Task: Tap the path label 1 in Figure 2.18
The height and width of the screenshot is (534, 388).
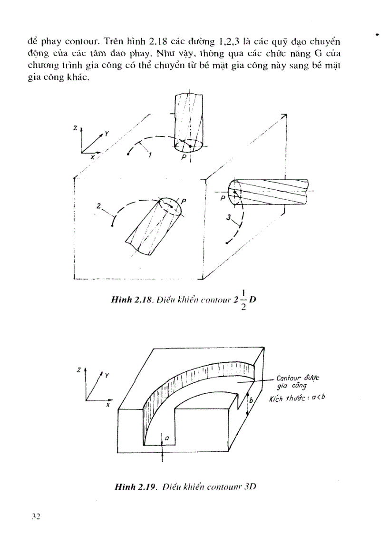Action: click(x=150, y=154)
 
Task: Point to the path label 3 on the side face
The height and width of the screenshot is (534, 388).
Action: click(x=229, y=217)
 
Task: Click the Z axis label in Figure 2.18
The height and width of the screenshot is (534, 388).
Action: click(x=75, y=128)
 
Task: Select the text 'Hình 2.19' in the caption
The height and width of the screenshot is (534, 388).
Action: click(x=131, y=486)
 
